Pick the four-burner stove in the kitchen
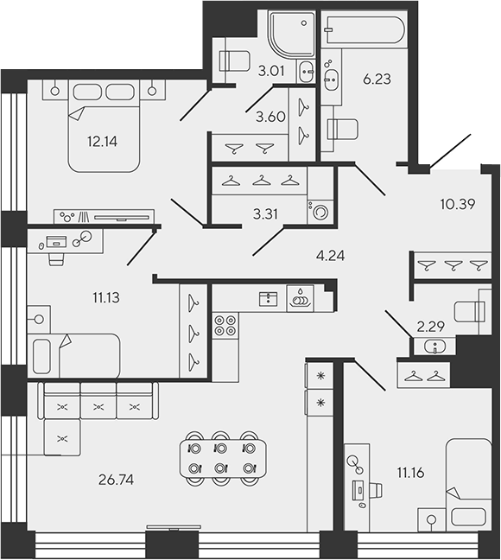[x=225, y=326]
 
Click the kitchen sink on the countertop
[x=299, y=299]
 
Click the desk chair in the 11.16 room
[x=377, y=491]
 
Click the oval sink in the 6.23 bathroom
[x=332, y=81]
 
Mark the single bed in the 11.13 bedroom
[x=76, y=354]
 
